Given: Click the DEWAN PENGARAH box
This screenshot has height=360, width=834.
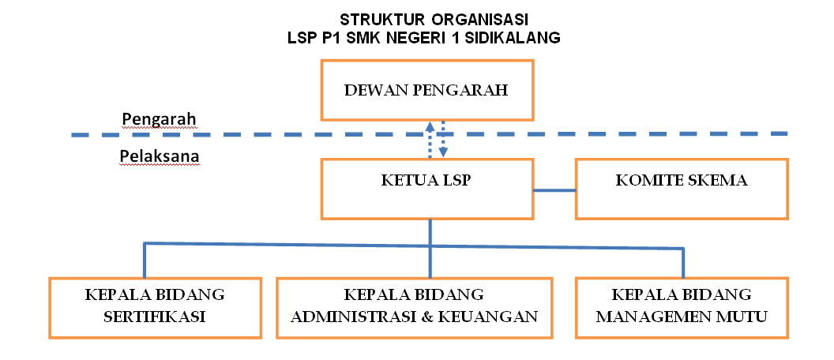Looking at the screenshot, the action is pos(427,90).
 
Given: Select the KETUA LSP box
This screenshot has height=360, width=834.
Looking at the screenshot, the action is pos(427,188).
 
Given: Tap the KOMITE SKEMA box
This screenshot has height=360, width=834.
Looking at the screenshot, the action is pos(682,188).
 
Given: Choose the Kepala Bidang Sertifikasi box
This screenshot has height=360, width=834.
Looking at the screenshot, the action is pos(155,307).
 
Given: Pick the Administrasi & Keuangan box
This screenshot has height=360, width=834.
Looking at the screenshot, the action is pos(414,307).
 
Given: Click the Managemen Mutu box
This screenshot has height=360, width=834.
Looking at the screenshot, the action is pos(682,307).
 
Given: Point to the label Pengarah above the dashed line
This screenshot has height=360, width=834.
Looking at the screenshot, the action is pos(159,119).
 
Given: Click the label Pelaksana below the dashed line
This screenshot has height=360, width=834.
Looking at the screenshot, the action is pos(159,156).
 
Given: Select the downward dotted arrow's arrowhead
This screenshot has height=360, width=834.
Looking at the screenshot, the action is pos(443,153).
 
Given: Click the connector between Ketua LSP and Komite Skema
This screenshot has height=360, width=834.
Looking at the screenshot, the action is pos(554,189).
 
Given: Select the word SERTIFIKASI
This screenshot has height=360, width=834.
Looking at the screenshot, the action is pos(155,317).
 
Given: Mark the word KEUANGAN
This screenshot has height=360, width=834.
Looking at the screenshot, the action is pos(488,317).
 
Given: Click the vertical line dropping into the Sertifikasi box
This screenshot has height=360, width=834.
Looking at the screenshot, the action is pos(145,260).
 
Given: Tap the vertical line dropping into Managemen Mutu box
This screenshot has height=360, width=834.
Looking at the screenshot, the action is pos(683,263).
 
